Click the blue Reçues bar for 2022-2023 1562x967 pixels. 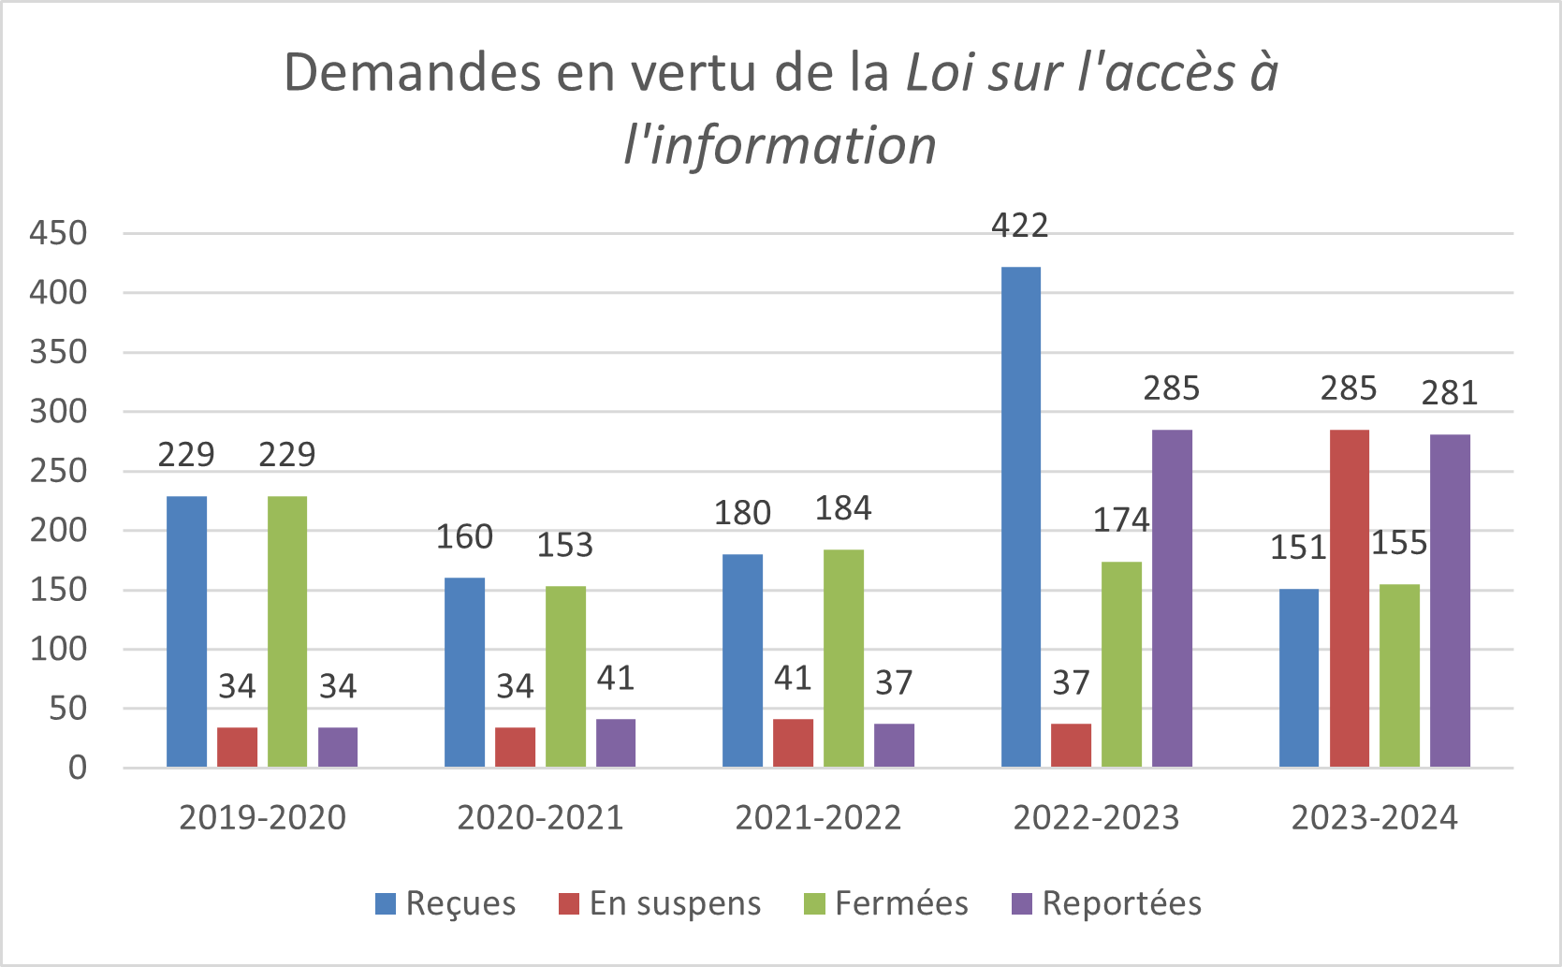(1020, 517)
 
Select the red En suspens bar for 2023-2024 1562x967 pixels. (1349, 598)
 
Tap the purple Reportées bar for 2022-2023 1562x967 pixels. (1172, 598)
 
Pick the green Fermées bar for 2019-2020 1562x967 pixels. (286, 632)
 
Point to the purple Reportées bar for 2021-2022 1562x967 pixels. (894, 745)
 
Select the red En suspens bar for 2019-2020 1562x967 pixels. (237, 747)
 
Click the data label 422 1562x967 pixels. (1020, 226)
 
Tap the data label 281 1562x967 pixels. (1450, 393)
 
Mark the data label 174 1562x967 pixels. (1121, 520)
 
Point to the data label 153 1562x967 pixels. (564, 545)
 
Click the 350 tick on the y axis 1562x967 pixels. (58, 352)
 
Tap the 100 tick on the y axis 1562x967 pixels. (58, 649)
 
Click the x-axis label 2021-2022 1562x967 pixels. (818, 818)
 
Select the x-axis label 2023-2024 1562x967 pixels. (1374, 818)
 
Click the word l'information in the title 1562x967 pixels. (780, 146)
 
